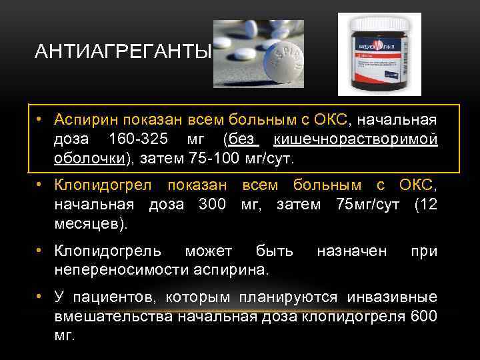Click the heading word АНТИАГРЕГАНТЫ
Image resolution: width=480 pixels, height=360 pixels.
point(123,52)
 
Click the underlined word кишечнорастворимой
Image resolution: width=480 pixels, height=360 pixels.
point(355,140)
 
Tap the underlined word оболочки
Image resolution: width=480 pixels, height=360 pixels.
point(89,160)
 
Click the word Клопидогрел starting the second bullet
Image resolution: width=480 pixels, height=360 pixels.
point(104,185)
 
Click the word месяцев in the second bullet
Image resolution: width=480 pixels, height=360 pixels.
point(85,225)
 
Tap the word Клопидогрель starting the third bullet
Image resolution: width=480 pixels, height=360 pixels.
point(108,251)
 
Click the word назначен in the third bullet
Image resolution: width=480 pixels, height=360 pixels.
point(351,251)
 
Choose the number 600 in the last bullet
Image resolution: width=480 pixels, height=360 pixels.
point(424,316)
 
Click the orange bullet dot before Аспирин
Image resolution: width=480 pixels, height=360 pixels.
point(41,120)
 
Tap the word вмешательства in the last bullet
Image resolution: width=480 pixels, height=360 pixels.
point(113,316)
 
